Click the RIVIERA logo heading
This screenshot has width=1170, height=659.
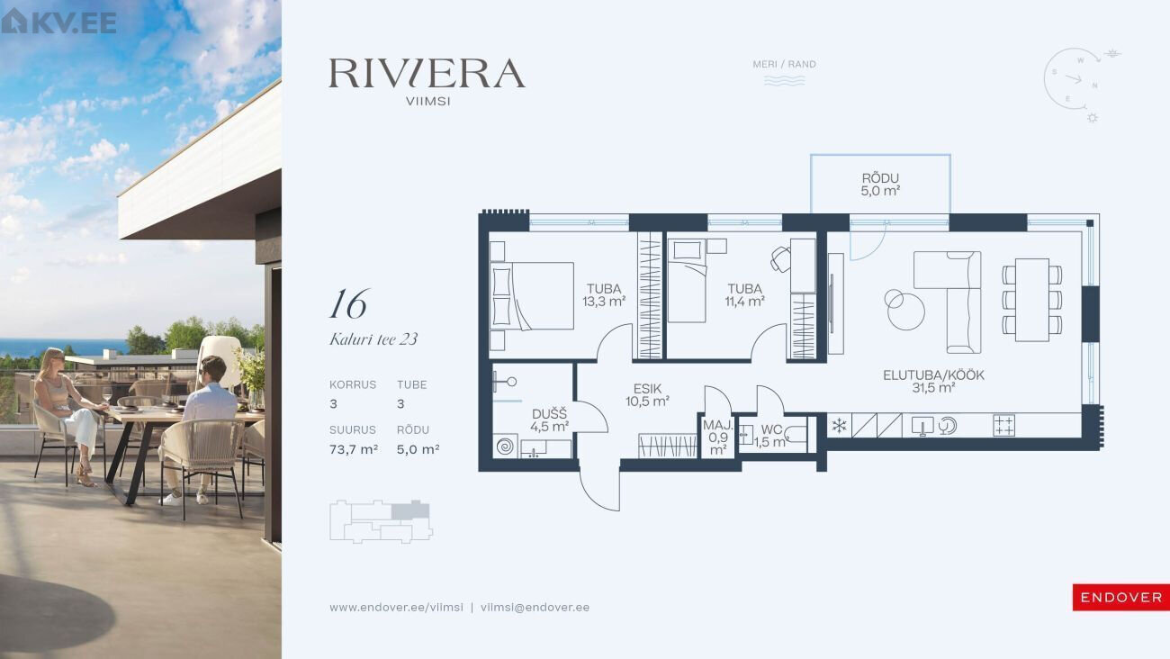(x=427, y=73)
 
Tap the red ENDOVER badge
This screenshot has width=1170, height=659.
(x=1121, y=598)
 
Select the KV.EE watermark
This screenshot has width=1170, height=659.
(x=58, y=22)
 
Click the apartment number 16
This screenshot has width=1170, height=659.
(x=349, y=303)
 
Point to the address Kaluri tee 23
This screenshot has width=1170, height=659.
(x=373, y=339)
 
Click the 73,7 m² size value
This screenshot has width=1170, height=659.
(x=354, y=449)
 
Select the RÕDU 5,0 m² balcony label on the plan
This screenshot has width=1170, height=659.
(x=880, y=185)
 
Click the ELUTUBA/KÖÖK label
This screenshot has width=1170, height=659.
(x=933, y=375)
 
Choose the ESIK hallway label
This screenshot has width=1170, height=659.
(x=648, y=389)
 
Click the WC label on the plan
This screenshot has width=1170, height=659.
(x=771, y=430)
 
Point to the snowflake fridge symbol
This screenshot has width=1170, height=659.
(x=840, y=426)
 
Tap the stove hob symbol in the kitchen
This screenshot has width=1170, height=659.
(x=1003, y=426)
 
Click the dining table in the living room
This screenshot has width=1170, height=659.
(x=1032, y=300)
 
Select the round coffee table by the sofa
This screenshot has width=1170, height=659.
(x=905, y=311)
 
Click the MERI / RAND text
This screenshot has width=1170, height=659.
(x=784, y=64)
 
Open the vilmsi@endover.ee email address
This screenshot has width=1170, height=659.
(x=535, y=608)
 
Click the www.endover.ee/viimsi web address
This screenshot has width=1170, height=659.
(x=396, y=608)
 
